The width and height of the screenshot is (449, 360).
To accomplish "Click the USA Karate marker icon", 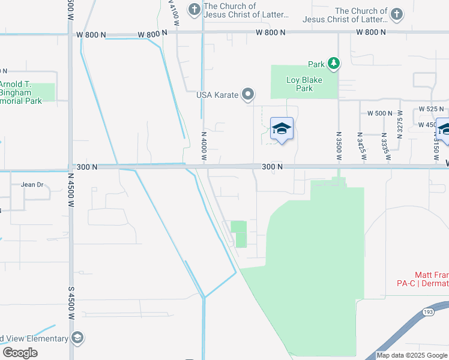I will (248, 94).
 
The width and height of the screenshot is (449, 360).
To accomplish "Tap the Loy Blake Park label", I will (304, 84).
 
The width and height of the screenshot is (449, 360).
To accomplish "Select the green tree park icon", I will (333, 63).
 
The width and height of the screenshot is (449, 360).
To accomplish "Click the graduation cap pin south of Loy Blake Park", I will (282, 128).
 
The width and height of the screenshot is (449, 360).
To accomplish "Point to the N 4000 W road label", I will (204, 146).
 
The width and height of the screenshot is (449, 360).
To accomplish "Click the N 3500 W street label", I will (339, 146).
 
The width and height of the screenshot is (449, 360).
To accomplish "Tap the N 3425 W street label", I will (361, 146).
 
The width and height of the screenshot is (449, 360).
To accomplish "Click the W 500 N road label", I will (379, 113).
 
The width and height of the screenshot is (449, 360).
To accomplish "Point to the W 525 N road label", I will (432, 109).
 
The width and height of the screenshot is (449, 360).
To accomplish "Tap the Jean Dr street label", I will (32, 185).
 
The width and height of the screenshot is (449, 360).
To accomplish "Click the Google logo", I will (20, 353).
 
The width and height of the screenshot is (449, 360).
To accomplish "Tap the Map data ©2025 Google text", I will (412, 355).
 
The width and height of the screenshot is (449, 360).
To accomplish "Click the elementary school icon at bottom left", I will (77, 338).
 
